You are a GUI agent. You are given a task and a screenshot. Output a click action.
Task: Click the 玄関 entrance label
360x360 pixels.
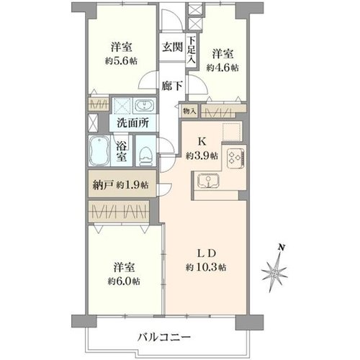pyautogui.click(x=173, y=47)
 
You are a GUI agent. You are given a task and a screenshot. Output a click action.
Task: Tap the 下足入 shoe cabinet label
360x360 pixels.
pyautogui.click(x=192, y=50)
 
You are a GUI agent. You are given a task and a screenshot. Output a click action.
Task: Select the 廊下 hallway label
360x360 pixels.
pyautogui.click(x=172, y=86)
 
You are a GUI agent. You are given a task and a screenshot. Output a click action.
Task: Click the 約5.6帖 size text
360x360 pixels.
pyautogui.click(x=121, y=61)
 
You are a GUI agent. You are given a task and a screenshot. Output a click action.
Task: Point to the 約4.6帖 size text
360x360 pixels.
pyautogui.click(x=222, y=68)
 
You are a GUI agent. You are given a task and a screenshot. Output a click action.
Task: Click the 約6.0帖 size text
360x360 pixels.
pyautogui.click(x=124, y=281)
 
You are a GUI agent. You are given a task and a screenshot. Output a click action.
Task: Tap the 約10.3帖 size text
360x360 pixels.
pyautogui.click(x=206, y=267)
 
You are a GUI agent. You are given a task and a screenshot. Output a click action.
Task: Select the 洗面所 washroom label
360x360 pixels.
pyautogui.click(x=132, y=123)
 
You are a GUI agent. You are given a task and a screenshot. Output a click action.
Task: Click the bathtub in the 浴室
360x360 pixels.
pyautogui.click(x=99, y=150)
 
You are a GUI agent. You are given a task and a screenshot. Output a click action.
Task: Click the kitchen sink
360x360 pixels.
pyautogui.click(x=208, y=181)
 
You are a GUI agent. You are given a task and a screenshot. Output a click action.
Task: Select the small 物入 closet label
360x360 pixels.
pyautogui.click(x=189, y=111)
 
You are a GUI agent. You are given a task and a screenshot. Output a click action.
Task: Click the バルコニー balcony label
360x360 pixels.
pyautogui.click(x=164, y=338)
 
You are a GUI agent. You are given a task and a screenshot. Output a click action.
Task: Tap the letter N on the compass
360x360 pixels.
pyautogui.click(x=282, y=248)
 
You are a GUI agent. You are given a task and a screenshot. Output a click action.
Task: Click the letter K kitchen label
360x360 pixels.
pyautogui.click(x=202, y=142)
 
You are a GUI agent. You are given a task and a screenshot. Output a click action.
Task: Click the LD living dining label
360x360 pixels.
pyautogui.click(x=207, y=253)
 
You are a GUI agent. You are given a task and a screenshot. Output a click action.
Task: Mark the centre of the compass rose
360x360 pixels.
pyautogui.click(x=274, y=274)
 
